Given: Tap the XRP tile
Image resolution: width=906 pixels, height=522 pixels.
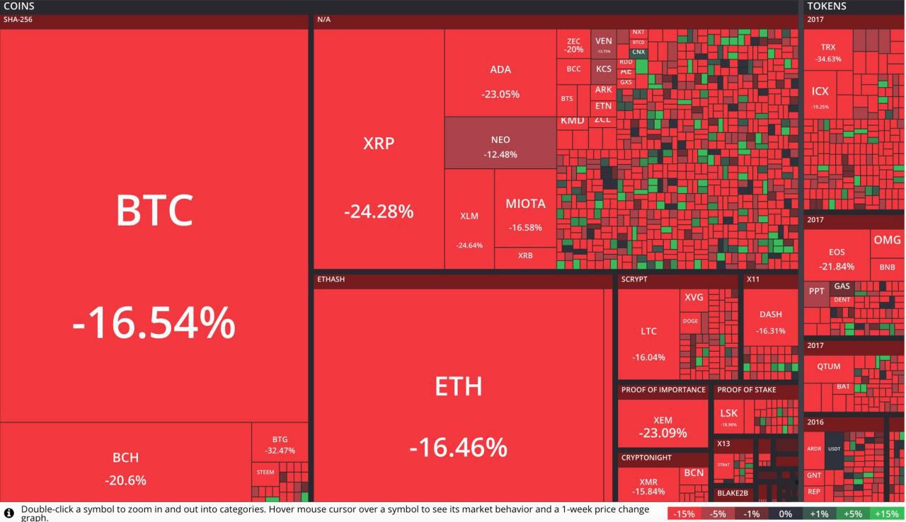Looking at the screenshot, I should (x=379, y=177).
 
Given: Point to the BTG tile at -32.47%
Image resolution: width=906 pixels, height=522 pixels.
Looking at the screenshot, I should (x=280, y=443).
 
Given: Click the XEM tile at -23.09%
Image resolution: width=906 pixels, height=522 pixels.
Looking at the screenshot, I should (x=663, y=424).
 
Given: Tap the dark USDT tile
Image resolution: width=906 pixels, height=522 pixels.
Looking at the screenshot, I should (x=834, y=448).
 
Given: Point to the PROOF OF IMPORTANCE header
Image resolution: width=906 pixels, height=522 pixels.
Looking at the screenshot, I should (x=663, y=390).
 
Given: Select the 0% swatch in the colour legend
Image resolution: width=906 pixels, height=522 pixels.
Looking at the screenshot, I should (x=784, y=514).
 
